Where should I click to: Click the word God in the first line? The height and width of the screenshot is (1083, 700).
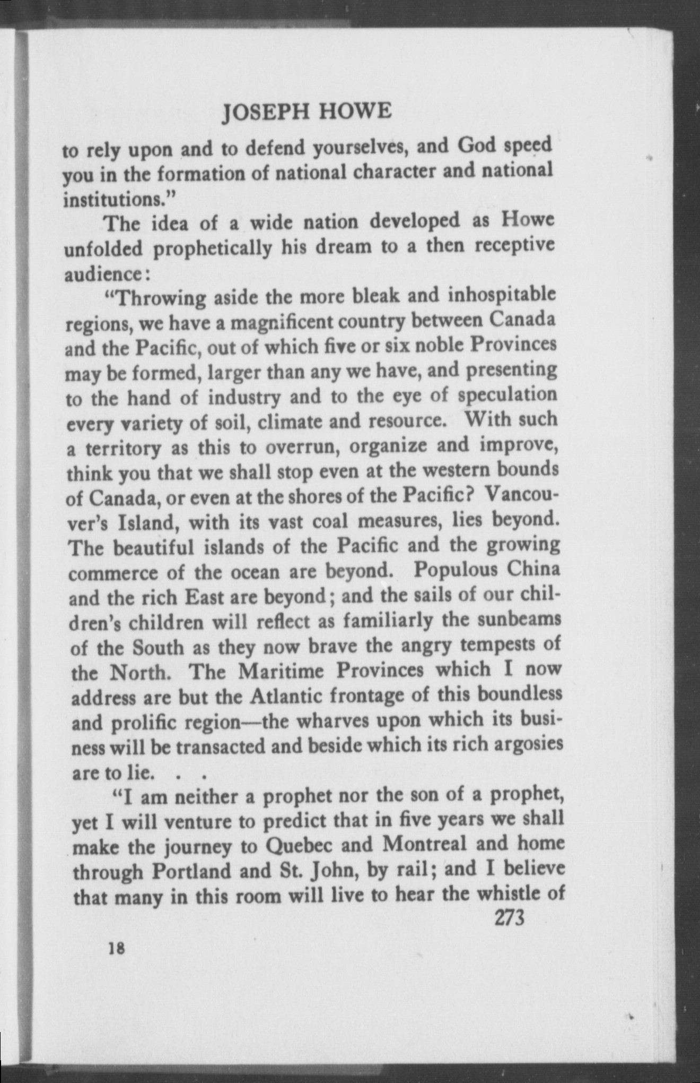(x=480, y=145)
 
